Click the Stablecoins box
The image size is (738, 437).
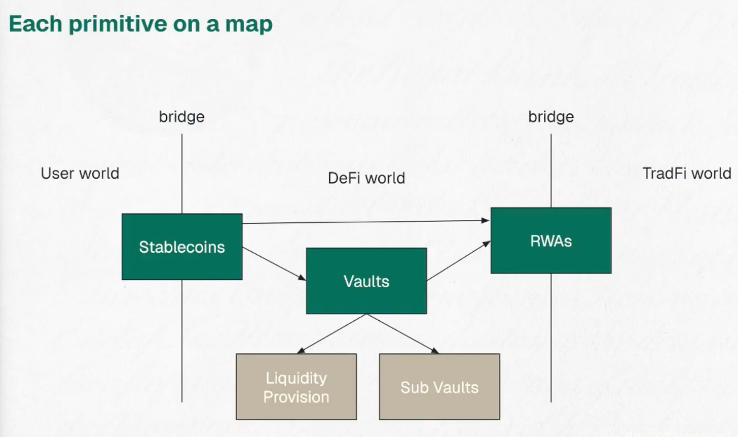click(x=182, y=247)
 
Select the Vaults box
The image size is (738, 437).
click(x=366, y=281)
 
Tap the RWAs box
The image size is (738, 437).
click(x=551, y=241)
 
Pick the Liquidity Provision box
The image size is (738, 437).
click(x=297, y=387)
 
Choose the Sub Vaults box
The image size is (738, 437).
click(x=439, y=387)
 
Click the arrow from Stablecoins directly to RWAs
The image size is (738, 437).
click(x=365, y=222)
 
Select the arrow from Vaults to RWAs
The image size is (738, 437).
click(x=459, y=260)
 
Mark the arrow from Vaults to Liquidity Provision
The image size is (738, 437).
click(x=332, y=333)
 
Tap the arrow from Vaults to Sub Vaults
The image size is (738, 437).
click(x=403, y=333)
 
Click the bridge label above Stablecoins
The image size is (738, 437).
click(x=181, y=117)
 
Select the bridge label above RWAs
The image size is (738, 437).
click(x=551, y=117)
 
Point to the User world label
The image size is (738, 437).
click(x=80, y=173)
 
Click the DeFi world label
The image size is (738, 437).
click(x=366, y=178)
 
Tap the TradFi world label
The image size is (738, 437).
click(x=687, y=173)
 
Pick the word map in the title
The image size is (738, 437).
click(x=249, y=24)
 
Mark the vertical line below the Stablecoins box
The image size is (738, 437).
click(x=182, y=340)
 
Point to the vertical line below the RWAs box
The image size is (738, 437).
click(x=551, y=338)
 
